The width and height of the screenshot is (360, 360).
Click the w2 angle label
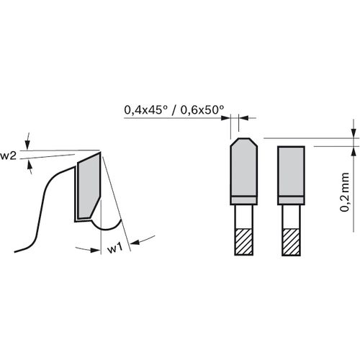[x=8, y=156]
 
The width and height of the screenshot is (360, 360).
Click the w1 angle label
[x=115, y=248]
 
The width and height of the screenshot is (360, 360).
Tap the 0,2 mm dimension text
[x=344, y=192]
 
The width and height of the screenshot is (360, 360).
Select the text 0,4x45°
[x=145, y=110]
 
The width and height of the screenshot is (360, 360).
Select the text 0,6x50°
[x=202, y=110]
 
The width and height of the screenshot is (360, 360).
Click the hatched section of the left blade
[x=243, y=242]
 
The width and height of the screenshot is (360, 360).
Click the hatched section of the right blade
[x=291, y=242]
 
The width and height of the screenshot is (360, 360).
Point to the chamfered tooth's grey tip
[x=243, y=167]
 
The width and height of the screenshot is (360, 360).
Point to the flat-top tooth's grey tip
[x=291, y=171]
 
